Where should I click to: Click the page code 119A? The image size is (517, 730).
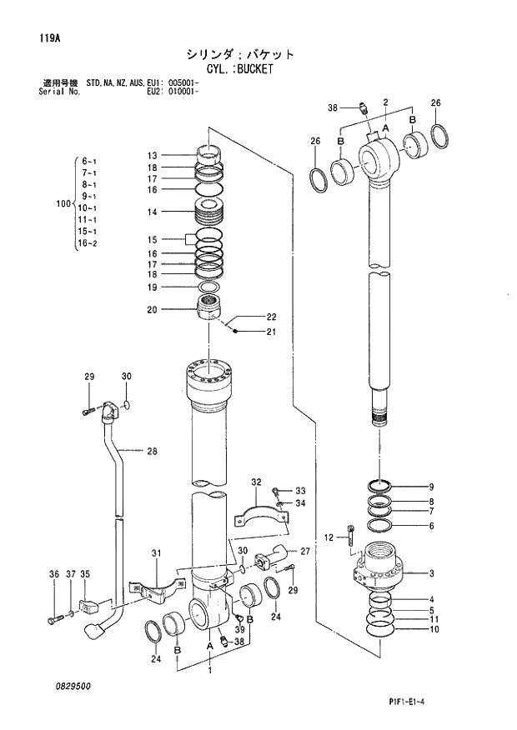coord(48,37)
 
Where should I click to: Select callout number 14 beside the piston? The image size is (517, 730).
coord(152,212)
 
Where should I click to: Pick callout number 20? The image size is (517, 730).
coord(152,310)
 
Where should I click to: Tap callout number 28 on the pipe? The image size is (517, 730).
coord(152,452)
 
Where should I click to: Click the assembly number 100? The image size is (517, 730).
coord(63,202)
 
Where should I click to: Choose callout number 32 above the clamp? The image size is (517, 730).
coord(256,482)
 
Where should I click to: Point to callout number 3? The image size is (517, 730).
coord(431,573)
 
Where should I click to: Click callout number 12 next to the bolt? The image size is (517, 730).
coord(329,537)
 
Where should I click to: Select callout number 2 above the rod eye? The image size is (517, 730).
coord(385,102)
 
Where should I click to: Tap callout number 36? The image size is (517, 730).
coord(54,574)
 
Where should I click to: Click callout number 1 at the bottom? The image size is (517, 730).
coord(210,670)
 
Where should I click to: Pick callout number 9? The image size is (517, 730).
coord(431,487)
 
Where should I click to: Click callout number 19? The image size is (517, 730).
coord(152,287)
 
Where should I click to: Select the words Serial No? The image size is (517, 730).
coord(58,91)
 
